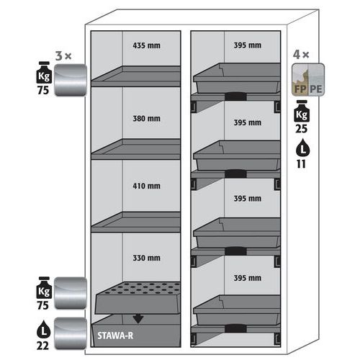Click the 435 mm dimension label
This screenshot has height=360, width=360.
[x=146, y=45]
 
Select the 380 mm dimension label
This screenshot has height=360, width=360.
[x=146, y=118]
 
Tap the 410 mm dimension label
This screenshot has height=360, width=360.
[x=146, y=186]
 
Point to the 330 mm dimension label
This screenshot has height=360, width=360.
[x=146, y=258]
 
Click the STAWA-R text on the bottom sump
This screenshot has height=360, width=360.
[x=115, y=336]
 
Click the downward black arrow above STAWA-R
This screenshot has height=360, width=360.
[x=138, y=319]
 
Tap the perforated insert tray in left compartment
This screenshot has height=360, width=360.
[x=138, y=297]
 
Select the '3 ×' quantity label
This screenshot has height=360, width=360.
[x=63, y=56]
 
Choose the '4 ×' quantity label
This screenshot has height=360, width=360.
[x=301, y=55]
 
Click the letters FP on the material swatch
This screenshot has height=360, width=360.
[x=300, y=89]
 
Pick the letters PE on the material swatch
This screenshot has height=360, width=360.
[x=315, y=89]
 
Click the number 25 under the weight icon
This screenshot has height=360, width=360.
[x=302, y=129]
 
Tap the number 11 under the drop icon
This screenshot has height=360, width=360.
[x=301, y=164]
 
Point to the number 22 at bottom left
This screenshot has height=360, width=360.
[x=42, y=346]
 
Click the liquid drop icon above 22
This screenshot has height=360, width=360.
[x=43, y=329]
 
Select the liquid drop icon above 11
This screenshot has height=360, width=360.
[x=302, y=148]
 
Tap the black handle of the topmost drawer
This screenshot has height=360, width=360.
[x=235, y=96]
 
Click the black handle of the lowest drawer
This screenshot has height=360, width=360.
[x=235, y=328]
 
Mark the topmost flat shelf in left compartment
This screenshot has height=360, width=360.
[x=136, y=76]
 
